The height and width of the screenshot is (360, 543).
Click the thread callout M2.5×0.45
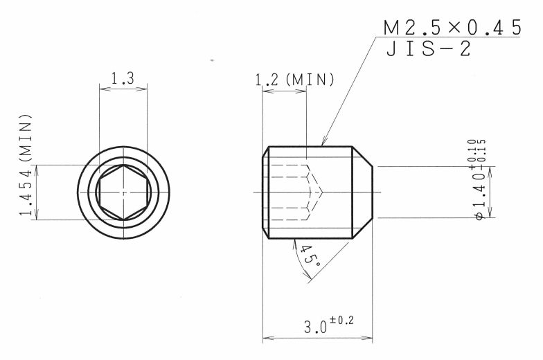click(x=452, y=28)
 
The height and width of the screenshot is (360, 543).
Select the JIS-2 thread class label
click(x=428, y=48)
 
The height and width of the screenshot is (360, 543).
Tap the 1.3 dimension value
click(x=123, y=78)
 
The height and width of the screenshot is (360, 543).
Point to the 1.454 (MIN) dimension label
click(x=26, y=165)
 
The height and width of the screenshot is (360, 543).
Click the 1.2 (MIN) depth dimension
click(x=295, y=80)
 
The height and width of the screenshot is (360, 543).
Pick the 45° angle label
click(x=310, y=255)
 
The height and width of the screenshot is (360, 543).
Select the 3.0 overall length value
click(x=315, y=326)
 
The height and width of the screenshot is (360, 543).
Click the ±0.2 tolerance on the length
click(x=342, y=320)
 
